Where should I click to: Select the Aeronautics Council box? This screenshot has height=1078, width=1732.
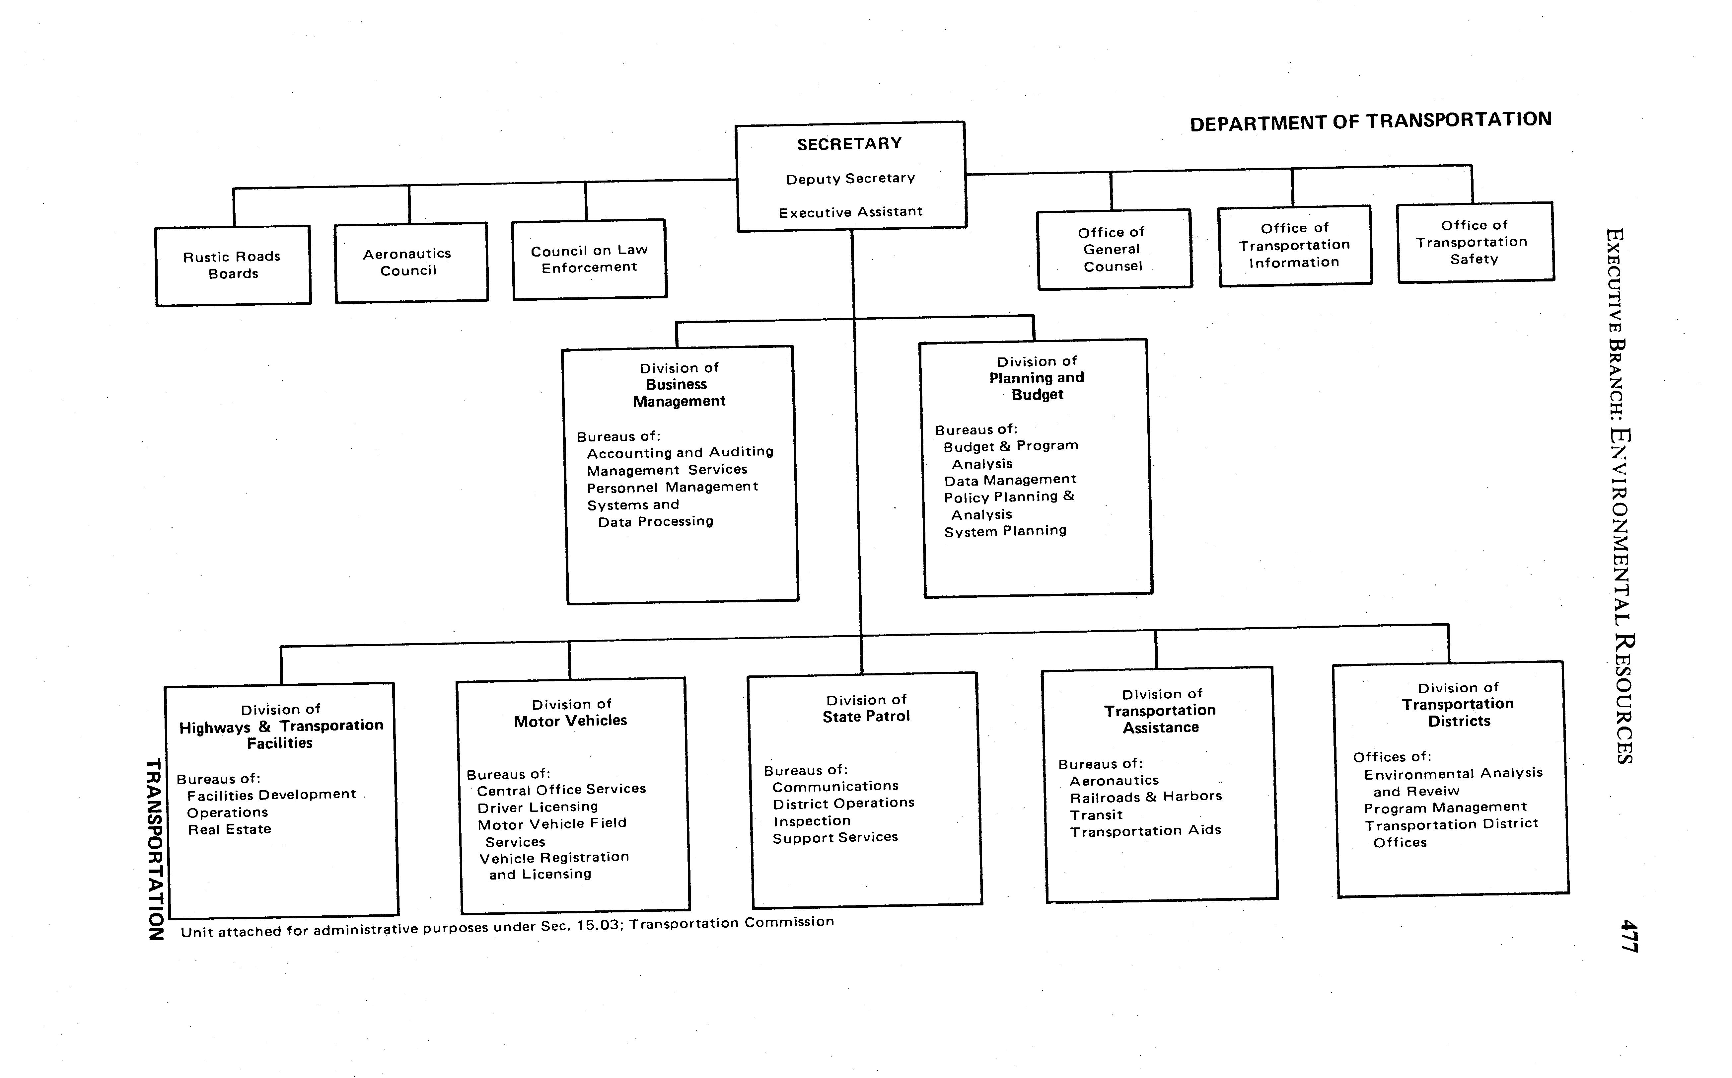[x=411, y=263]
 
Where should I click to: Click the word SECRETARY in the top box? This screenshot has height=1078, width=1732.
[x=850, y=144]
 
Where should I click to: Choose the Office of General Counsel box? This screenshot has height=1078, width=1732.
[x=1113, y=250]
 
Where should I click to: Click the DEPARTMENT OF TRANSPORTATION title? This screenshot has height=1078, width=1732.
[x=1370, y=121]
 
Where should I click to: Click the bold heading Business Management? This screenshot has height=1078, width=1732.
[x=679, y=393]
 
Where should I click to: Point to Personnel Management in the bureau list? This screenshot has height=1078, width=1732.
[x=672, y=487]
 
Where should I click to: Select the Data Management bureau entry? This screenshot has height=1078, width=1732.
[x=1010, y=480]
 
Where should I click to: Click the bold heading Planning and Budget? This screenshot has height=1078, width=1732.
[x=1037, y=386]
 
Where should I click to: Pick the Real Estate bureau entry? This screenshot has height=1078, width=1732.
[x=230, y=829]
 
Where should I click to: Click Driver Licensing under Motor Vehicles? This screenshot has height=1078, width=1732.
[x=538, y=807]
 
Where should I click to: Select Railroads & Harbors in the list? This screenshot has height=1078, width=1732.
[x=1145, y=796]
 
